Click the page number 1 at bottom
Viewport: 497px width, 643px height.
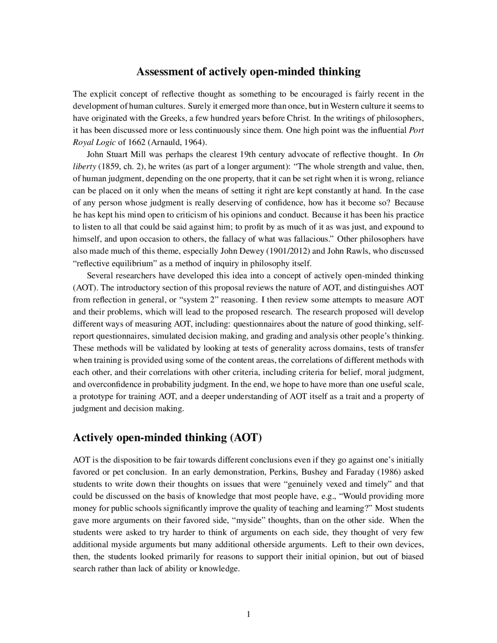coord(248,614)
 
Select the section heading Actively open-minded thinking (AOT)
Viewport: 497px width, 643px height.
coord(167,438)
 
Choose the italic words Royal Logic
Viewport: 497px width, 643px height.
coord(94,142)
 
